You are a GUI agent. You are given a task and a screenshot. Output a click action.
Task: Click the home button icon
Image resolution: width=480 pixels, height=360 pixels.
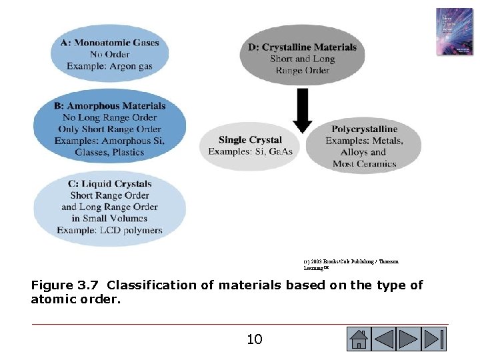click(x=359, y=339)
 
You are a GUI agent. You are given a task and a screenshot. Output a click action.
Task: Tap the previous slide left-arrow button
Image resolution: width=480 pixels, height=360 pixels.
click(x=384, y=339)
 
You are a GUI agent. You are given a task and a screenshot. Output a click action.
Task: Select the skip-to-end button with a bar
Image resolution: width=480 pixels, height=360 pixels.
click(x=434, y=339)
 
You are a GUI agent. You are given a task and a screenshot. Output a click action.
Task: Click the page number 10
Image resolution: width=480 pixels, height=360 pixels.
click(x=254, y=339)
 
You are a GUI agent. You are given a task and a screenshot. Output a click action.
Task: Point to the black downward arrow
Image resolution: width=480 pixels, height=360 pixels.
click(x=302, y=111)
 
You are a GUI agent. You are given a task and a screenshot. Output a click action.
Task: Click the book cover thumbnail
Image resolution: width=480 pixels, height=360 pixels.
click(x=454, y=31)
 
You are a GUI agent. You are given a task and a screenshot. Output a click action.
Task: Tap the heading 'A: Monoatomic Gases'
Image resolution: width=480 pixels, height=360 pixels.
click(x=110, y=43)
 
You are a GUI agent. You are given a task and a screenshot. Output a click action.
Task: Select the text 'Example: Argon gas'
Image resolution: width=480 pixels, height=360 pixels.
click(x=109, y=65)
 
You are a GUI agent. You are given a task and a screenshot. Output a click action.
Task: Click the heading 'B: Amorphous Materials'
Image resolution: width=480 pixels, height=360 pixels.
click(x=110, y=105)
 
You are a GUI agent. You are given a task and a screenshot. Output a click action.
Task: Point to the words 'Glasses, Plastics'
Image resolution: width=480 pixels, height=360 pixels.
click(x=109, y=152)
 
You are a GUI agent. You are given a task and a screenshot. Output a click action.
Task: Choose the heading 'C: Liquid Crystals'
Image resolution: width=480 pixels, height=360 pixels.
click(x=110, y=183)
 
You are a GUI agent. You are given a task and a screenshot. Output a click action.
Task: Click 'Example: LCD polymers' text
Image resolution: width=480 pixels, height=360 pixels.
click(x=109, y=230)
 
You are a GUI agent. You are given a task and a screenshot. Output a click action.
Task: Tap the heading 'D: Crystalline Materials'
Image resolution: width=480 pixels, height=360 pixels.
click(x=303, y=47)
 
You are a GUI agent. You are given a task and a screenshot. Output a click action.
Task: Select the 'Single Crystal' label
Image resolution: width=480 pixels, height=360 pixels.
click(x=250, y=139)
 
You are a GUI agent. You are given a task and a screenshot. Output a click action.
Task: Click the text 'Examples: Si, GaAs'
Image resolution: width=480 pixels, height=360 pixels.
click(x=250, y=151)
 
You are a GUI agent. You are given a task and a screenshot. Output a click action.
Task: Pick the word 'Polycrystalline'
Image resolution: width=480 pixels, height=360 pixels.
click(x=364, y=129)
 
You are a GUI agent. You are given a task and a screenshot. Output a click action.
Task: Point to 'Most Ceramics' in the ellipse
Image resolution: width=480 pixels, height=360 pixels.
click(x=364, y=163)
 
